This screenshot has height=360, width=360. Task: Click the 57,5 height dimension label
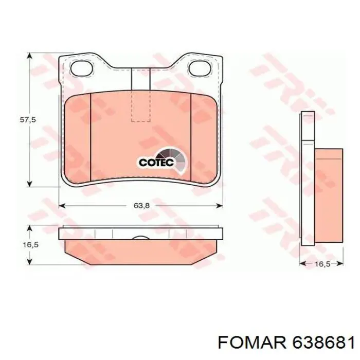coord(28,120)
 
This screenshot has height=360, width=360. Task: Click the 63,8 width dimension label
coord(141,206)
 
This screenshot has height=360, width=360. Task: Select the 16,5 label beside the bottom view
coord(30,245)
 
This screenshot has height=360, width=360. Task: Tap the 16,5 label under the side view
coord(322,264)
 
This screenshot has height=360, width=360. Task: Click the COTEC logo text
coord(156,163)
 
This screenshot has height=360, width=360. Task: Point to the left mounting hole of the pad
coord(82,68)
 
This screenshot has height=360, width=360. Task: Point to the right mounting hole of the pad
coord(200,68)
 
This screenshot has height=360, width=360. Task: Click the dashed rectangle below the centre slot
coord(141,105)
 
